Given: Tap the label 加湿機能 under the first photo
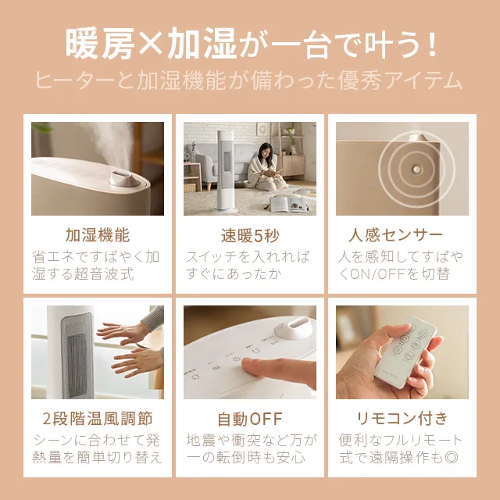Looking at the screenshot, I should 98,234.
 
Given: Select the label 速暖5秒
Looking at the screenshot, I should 250,234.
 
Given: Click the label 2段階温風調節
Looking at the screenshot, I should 98,418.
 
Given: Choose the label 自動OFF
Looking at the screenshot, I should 250,418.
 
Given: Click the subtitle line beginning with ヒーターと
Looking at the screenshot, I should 250,80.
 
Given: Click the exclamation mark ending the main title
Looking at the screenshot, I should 427,45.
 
